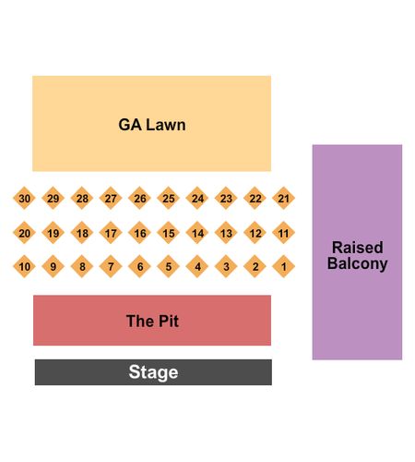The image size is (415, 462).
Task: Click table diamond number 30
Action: click(x=24, y=198)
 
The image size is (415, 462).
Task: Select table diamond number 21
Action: click(x=283, y=198)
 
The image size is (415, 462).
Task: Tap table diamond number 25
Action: click(x=168, y=198)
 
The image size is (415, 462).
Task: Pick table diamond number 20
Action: click(x=24, y=233)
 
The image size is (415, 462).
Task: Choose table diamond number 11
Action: click(x=283, y=233)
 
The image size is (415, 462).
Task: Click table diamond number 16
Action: click(x=139, y=233)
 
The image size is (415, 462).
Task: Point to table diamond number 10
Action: click(x=24, y=266)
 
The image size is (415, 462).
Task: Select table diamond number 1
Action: click(x=283, y=266)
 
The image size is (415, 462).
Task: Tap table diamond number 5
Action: click(x=168, y=266)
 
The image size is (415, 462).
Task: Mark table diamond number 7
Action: click(x=111, y=266)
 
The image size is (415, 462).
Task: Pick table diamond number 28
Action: click(x=82, y=198)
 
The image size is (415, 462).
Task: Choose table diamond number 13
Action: click(x=226, y=233)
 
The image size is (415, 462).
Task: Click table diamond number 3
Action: click(x=226, y=266)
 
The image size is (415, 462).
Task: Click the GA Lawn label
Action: click(x=152, y=125)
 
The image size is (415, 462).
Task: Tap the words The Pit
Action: click(x=152, y=321)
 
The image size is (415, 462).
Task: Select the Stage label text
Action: click(x=153, y=372)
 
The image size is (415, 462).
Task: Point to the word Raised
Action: click(x=358, y=248)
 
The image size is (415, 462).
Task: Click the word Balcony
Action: click(x=358, y=263)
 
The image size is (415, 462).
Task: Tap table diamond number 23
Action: click(x=226, y=198)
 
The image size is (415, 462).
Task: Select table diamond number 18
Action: click(x=82, y=233)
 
